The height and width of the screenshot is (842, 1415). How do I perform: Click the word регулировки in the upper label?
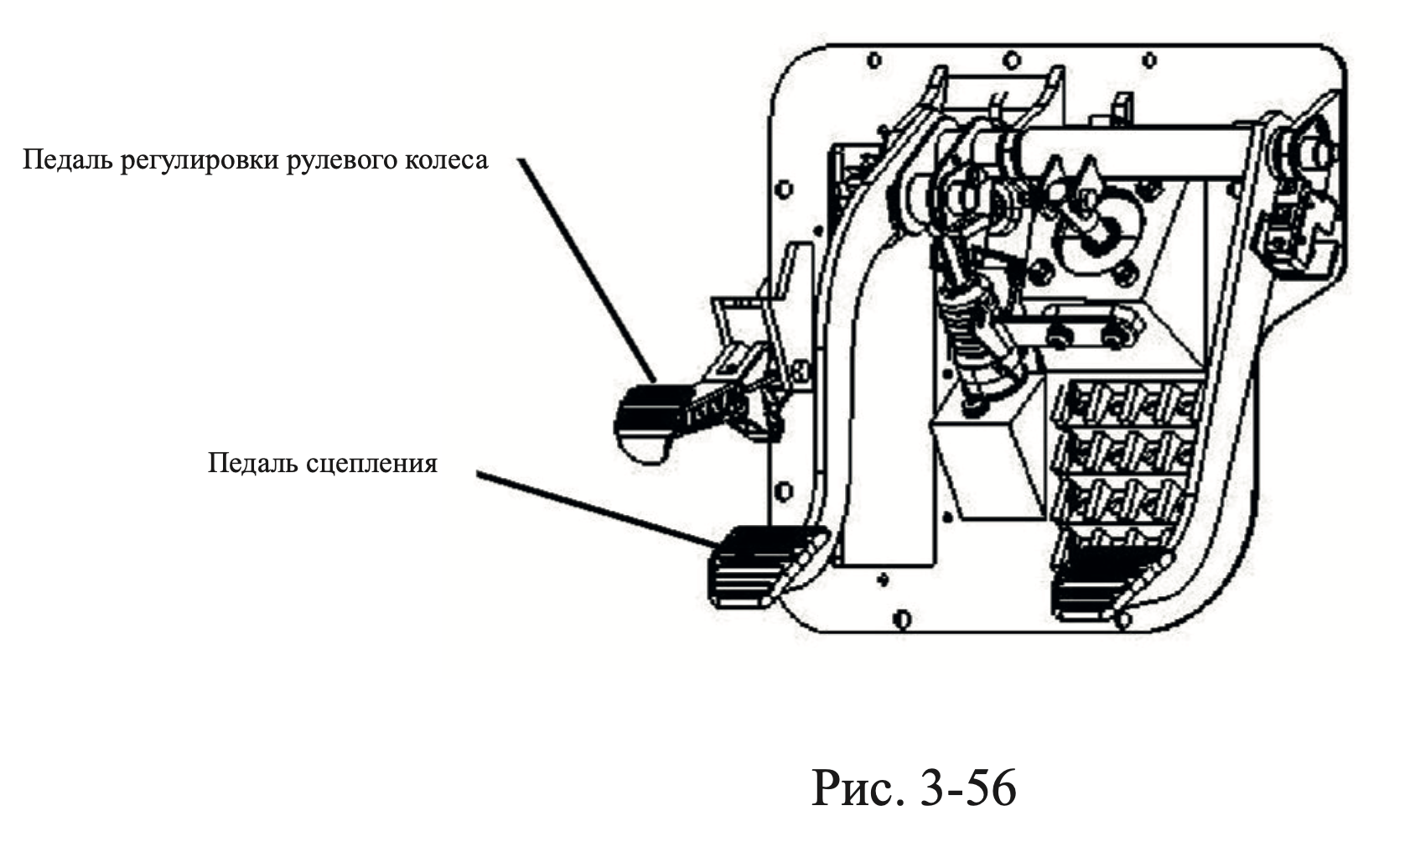pyautogui.click(x=200, y=161)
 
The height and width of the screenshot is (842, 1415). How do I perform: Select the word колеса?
pyautogui.click(x=446, y=160)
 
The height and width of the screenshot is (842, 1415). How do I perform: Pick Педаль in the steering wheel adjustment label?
pyautogui.click(x=69, y=160)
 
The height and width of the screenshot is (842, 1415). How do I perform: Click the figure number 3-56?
pyautogui.click(x=967, y=788)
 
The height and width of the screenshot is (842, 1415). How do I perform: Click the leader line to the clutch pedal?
pyautogui.click(x=595, y=508)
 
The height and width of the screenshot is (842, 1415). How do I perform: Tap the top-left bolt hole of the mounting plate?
pyautogui.click(x=874, y=60)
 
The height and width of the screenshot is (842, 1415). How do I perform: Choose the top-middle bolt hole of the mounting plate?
pyautogui.click(x=1012, y=60)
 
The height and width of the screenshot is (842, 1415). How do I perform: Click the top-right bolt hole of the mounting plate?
pyautogui.click(x=1150, y=60)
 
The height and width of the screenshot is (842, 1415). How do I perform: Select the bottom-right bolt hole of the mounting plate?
pyautogui.click(x=1122, y=620)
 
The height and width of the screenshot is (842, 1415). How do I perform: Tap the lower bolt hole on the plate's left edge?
pyautogui.click(x=784, y=491)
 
